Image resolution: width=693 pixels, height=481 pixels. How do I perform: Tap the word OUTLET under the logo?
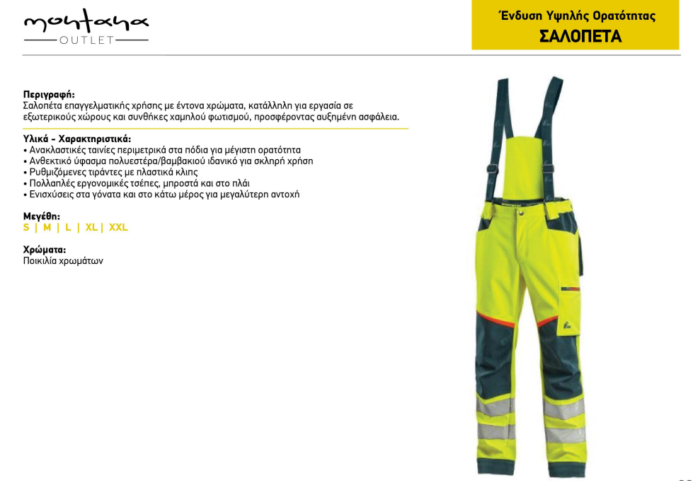(86, 40)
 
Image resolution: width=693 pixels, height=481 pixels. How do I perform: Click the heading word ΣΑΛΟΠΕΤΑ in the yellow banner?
(580, 36)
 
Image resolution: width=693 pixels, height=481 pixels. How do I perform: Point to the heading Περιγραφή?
(49, 94)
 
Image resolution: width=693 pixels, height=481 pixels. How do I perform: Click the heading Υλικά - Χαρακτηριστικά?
(77, 139)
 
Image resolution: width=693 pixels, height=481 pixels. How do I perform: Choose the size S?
(26, 228)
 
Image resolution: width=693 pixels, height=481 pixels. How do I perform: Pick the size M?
(47, 228)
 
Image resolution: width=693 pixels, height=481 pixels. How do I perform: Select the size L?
(68, 228)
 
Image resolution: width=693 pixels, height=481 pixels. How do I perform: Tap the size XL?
(91, 228)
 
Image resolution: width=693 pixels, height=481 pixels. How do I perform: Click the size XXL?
(118, 228)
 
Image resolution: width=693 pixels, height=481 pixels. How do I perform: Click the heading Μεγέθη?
(42, 216)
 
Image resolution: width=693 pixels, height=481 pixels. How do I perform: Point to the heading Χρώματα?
(45, 250)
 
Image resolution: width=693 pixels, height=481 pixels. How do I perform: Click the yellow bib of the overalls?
(525, 170)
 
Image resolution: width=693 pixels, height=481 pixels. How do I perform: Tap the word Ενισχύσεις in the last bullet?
(52, 194)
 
